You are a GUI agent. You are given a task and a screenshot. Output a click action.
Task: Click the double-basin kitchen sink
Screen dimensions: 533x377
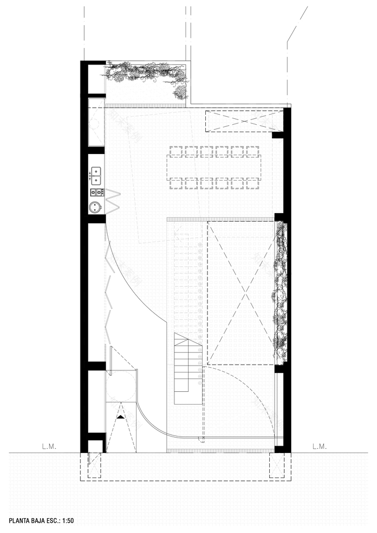pyautogui.click(x=97, y=172)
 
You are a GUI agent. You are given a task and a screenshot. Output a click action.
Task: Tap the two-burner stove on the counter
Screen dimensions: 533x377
pyautogui.click(x=97, y=191)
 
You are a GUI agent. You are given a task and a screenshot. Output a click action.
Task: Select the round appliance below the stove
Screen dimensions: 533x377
pyautogui.click(x=96, y=207)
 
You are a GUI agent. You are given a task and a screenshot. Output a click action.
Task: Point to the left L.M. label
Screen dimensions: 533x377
pyautogui.click(x=49, y=445)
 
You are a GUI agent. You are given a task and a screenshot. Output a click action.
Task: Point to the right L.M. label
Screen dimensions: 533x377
pyautogui.click(x=319, y=445)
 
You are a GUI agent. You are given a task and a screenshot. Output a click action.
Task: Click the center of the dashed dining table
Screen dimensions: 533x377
pyautogui.click(x=213, y=167)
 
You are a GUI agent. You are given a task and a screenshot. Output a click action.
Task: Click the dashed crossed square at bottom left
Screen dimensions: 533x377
pyautogui.click(x=94, y=465)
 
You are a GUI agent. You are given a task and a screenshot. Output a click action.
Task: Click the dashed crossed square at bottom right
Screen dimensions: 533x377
pyautogui.click(x=277, y=465)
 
